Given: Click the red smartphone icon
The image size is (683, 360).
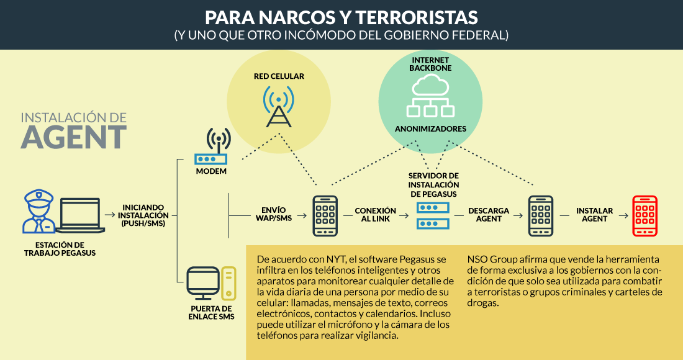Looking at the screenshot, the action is click(644, 215).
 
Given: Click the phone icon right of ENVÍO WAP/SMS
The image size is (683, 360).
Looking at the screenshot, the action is click(325, 215).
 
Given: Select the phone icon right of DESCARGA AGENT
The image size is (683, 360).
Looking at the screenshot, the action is click(540, 215).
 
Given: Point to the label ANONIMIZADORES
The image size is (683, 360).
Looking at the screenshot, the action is click(430, 129).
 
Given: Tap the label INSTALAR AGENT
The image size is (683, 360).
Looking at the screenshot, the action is click(594, 215).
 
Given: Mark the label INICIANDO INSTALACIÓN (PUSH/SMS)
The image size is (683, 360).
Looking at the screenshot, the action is click(143, 215).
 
